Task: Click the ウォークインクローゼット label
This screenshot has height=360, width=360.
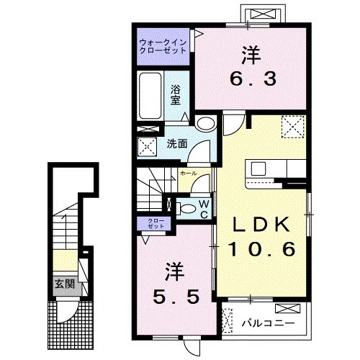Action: [x=163, y=47]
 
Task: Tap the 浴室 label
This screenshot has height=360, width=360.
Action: [x=176, y=95]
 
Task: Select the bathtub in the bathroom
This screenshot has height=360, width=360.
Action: [x=150, y=96]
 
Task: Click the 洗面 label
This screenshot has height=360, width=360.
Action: [x=177, y=143]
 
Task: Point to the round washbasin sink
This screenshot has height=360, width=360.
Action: [x=206, y=124]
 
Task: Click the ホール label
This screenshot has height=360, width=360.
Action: [x=188, y=174]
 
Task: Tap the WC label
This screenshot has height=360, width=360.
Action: [x=204, y=210]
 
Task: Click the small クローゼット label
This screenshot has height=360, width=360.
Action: [x=156, y=223]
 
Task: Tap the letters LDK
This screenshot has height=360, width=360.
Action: [x=261, y=225]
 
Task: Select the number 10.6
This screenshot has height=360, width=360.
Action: [x=261, y=249]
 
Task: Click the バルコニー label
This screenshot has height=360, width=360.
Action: [x=268, y=323]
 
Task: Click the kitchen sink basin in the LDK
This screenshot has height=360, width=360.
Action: [x=258, y=168]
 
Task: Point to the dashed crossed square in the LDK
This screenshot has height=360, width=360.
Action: [x=293, y=127]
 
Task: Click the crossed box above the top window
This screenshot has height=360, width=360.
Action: [x=263, y=14]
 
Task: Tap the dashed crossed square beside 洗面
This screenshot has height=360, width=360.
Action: [x=147, y=147]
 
